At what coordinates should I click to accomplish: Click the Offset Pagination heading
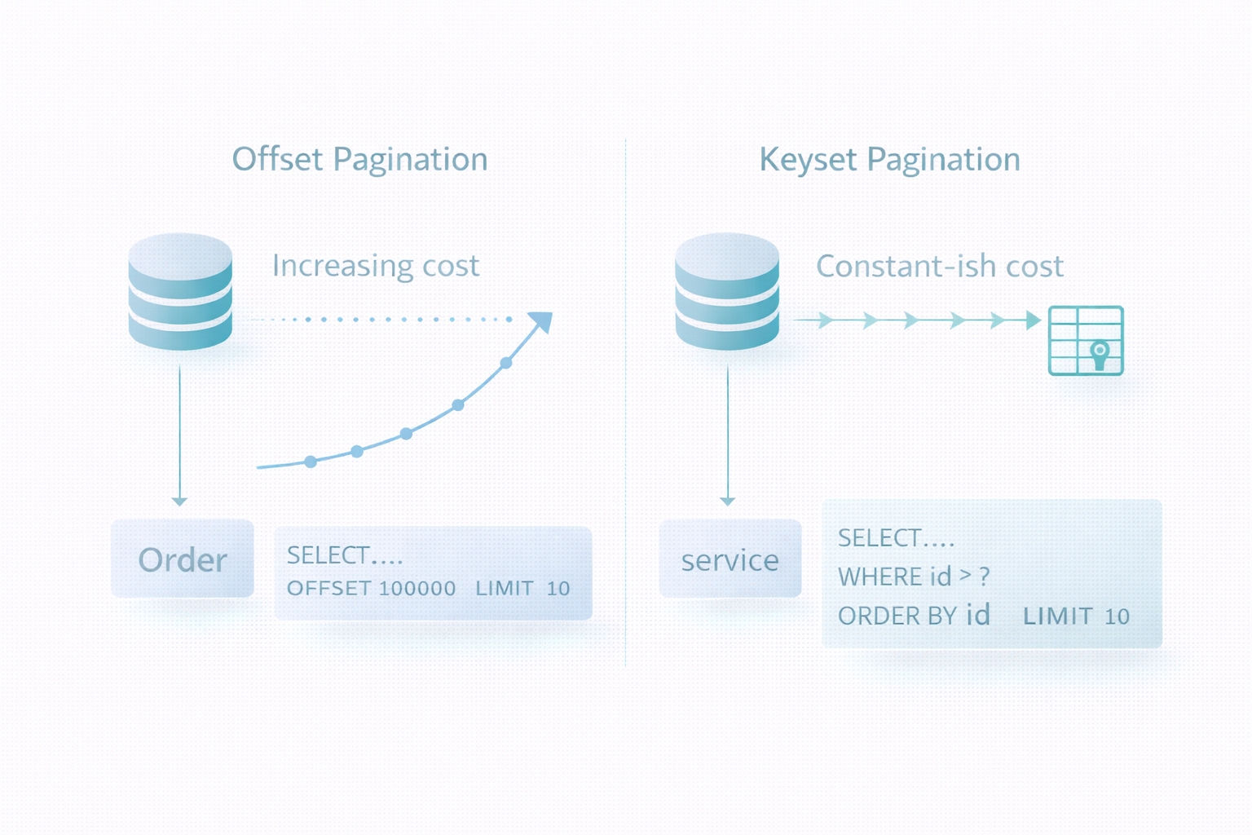pos(360,160)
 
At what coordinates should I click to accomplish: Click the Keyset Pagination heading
pos(890,160)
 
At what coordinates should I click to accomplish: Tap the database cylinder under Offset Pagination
pos(180,291)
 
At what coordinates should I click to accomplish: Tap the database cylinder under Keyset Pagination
pos(726,291)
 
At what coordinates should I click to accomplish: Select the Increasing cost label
pos(376,265)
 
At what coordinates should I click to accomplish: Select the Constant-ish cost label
pos(940,266)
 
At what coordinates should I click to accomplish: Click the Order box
pos(183,558)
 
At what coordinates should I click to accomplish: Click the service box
pos(730,558)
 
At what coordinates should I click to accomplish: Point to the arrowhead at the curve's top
pos(541,322)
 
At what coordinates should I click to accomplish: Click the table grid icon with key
pos(1086,341)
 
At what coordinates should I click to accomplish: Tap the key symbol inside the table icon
pos(1100,356)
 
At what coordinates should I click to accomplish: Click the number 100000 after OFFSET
pos(417,589)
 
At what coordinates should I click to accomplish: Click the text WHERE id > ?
pos(914,577)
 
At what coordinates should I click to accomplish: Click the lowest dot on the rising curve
pos(311,462)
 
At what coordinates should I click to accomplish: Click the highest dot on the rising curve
pos(506,363)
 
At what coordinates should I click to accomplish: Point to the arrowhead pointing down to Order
pos(179,501)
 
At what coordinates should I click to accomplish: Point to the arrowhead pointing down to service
pos(727,501)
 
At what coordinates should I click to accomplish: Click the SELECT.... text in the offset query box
pos(344,555)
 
